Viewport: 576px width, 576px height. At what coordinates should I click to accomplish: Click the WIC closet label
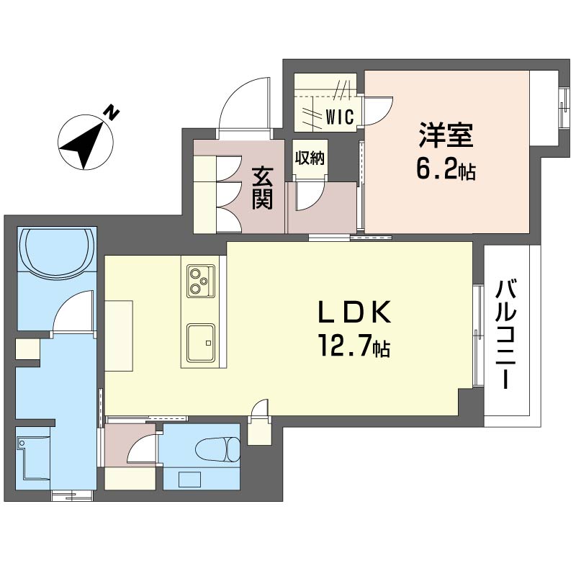[340, 117]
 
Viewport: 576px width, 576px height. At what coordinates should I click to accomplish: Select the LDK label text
[354, 312]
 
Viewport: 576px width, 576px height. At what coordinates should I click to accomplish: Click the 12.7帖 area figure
[354, 346]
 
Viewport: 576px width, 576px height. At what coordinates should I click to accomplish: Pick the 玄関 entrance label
[262, 188]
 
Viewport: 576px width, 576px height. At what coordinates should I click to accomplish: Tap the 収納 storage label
[310, 158]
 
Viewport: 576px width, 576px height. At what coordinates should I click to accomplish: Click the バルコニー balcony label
[506, 334]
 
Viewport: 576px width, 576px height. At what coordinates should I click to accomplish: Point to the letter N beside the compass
[111, 113]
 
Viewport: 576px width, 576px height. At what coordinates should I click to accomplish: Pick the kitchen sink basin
[201, 343]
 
